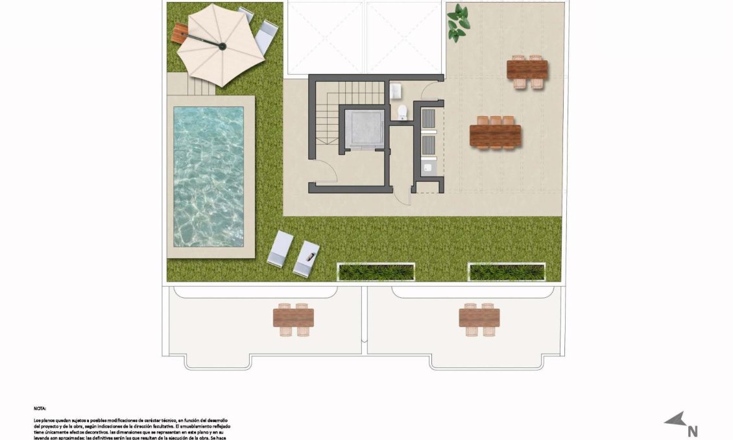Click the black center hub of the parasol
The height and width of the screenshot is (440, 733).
pos(222,46)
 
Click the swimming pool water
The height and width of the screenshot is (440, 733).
pos(208,176)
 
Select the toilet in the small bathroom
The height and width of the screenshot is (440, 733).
pos(403,112)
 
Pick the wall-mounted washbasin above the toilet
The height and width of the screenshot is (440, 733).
pos(397,91)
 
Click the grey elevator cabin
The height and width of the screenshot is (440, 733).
pos(365,128)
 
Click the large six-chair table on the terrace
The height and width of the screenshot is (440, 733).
pos(496,135)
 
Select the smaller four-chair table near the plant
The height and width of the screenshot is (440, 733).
pos(527,70)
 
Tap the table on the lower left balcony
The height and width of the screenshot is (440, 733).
pos(293,317)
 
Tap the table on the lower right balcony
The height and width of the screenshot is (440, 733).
pos(479,317)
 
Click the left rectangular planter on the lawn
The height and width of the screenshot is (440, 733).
pos(376,272)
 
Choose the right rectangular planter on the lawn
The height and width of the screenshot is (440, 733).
pos(507,272)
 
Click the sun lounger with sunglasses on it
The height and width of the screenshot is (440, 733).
pos(307,258)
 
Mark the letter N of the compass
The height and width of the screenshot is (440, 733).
pos(692,430)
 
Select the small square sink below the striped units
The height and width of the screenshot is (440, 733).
pos(427,167)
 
